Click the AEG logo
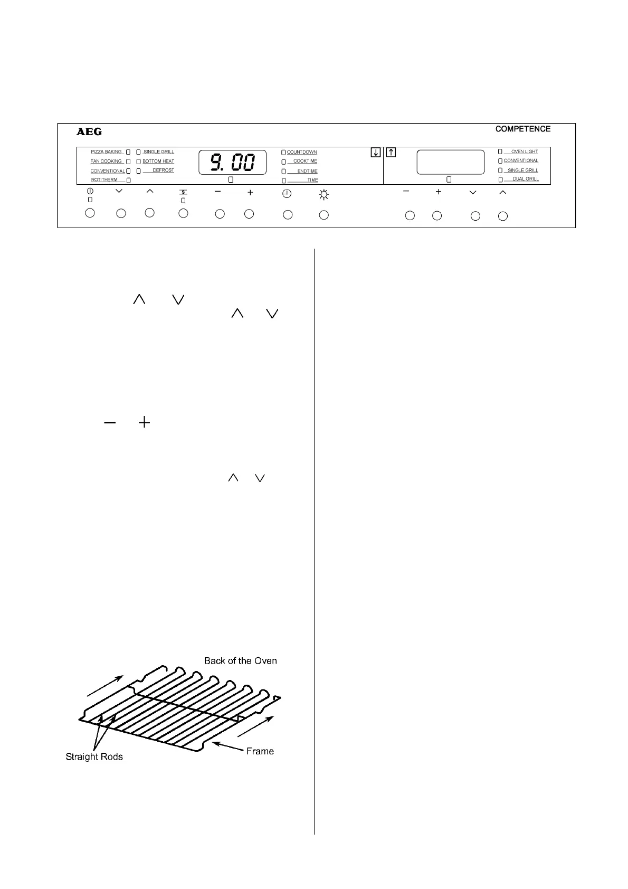point(89,131)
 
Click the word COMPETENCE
point(522,129)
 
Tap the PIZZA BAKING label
point(107,152)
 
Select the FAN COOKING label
point(107,161)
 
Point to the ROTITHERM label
point(104,179)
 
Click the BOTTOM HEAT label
point(158,161)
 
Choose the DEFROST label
point(163,170)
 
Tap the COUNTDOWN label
point(302,152)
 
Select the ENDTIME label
point(307,171)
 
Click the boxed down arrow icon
point(375,153)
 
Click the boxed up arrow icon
point(391,153)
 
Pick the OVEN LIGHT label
point(524,152)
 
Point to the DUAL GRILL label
point(526,179)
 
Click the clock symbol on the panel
point(287,194)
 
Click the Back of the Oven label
point(240,660)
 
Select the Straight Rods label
point(94,756)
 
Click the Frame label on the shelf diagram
point(260,751)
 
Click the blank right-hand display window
point(451,162)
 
